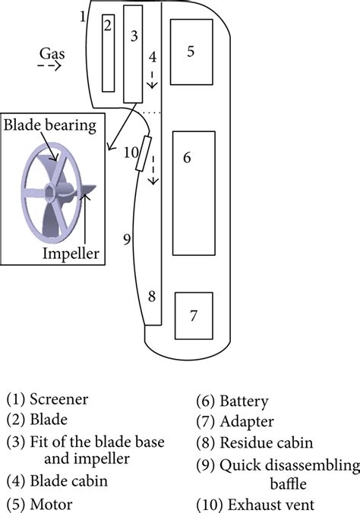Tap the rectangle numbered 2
(109, 52)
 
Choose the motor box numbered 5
(191, 52)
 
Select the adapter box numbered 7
(193, 315)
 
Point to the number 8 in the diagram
(152, 297)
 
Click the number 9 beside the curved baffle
(127, 239)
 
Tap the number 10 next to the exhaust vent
(130, 151)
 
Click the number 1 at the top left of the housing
(83, 15)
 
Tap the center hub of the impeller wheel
(52, 189)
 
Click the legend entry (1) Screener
(47, 399)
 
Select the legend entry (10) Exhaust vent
(254, 504)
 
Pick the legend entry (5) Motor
(41, 504)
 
